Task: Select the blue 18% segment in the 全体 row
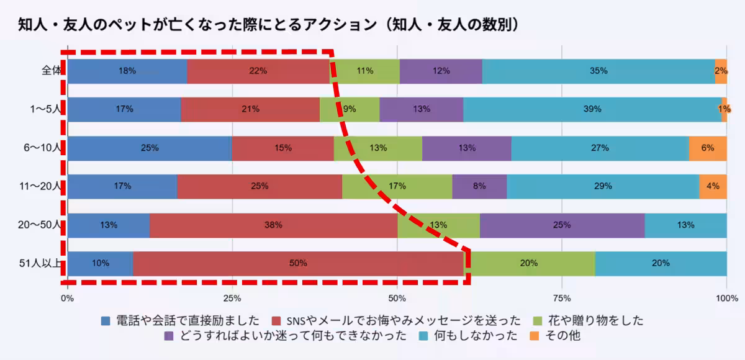[x=127, y=71]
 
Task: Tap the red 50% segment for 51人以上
[x=298, y=263]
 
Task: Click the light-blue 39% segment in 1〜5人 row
[x=592, y=109]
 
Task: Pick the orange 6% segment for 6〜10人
[x=708, y=148]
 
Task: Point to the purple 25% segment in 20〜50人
[x=562, y=225]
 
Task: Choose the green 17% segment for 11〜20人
[x=397, y=186]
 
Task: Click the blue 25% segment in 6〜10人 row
[x=150, y=148]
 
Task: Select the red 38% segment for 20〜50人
[x=273, y=225]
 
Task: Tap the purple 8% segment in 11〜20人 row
[x=479, y=186]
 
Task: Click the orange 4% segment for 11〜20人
[x=713, y=186]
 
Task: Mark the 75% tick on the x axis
[x=561, y=297]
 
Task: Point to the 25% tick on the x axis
[x=232, y=297]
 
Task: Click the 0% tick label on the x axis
[x=67, y=297]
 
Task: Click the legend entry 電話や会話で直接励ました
[x=180, y=321]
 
